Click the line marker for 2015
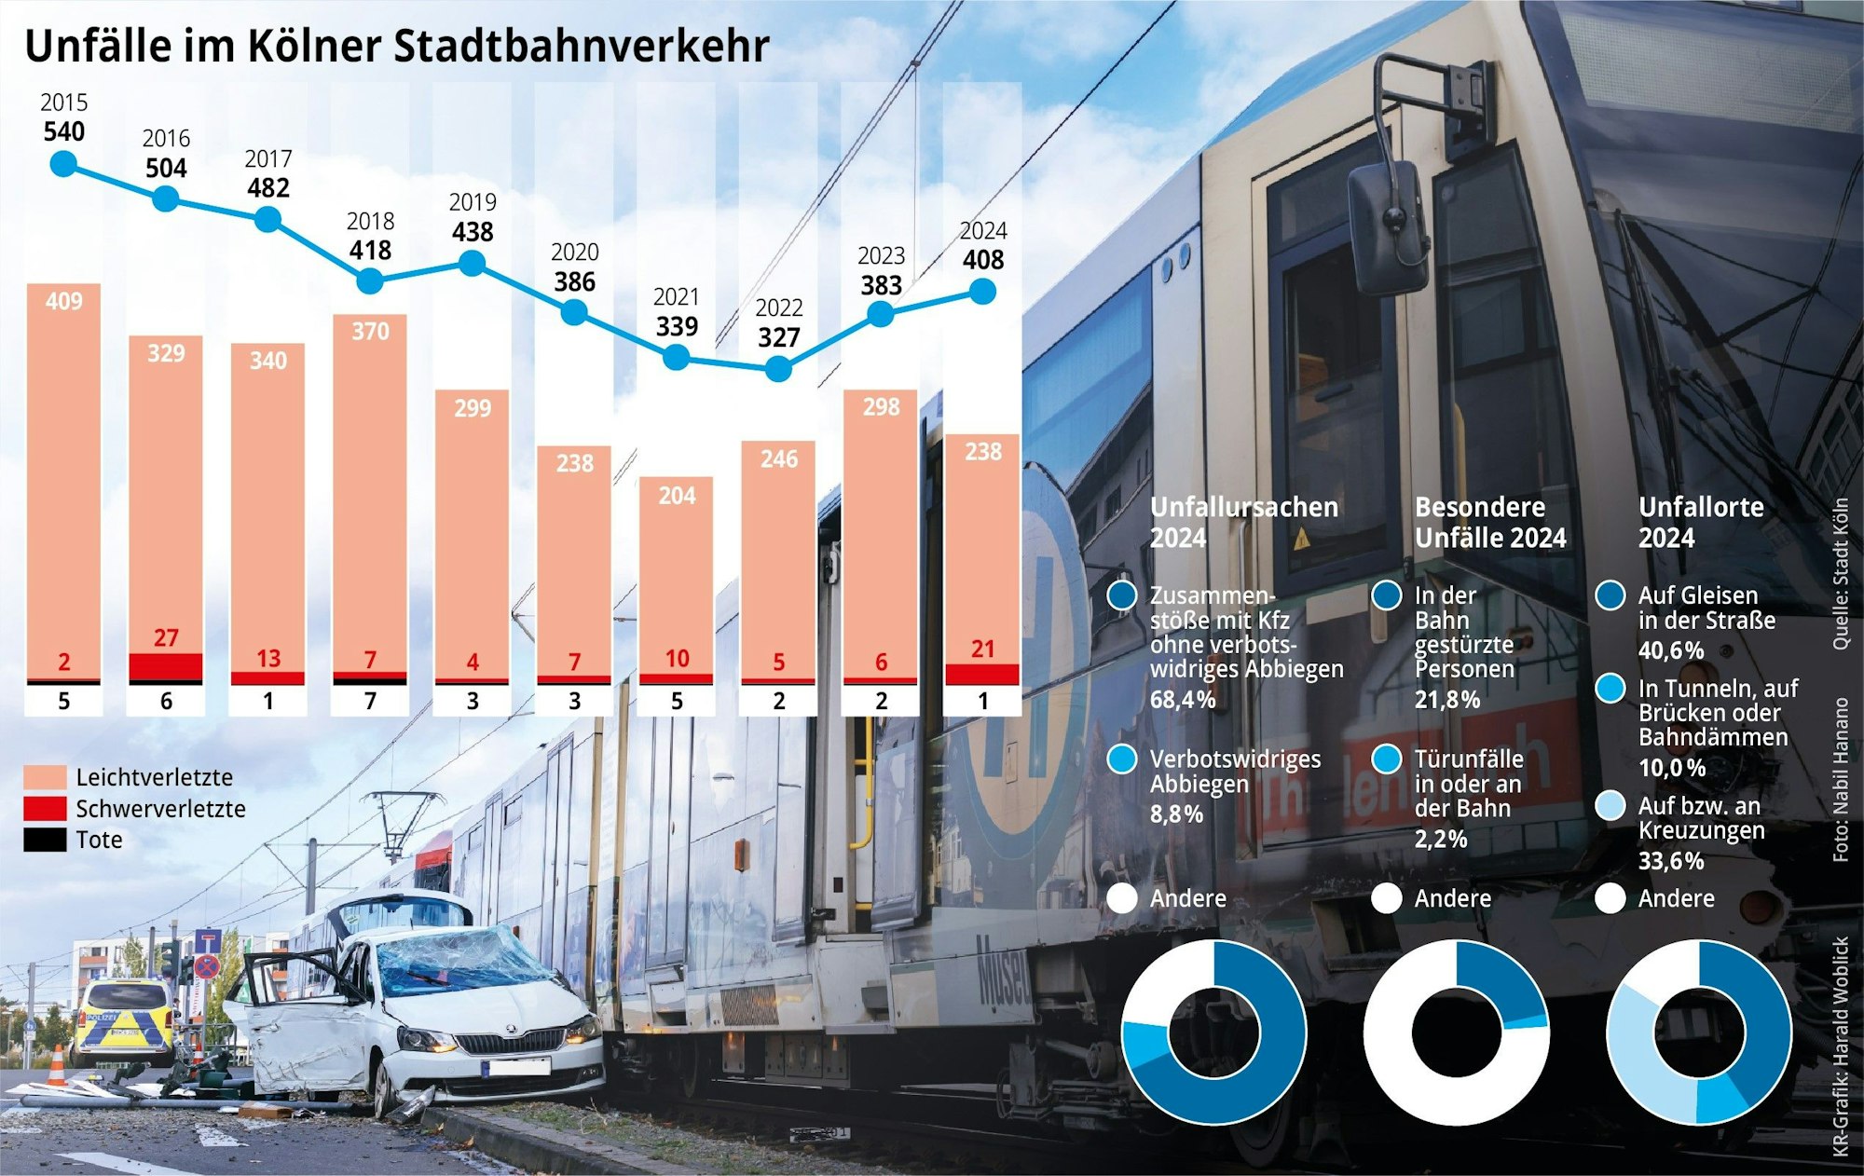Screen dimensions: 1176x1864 (x=63, y=165)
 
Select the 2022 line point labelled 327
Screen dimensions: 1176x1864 (x=778, y=369)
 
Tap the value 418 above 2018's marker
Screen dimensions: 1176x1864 (x=370, y=251)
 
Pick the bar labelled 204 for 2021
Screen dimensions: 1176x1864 (x=677, y=578)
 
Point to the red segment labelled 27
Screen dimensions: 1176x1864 (x=166, y=666)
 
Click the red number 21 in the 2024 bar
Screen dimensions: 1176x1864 (x=982, y=650)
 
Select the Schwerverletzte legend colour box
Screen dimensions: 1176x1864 (x=45, y=809)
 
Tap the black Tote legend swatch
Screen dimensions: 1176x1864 (x=45, y=840)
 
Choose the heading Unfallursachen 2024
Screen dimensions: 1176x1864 (x=1243, y=522)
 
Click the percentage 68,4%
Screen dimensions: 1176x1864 (x=1182, y=700)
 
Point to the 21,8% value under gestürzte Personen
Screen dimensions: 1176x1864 (x=1446, y=700)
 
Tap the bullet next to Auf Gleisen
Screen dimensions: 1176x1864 (x=1610, y=595)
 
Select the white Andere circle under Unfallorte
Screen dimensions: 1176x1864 (x=1610, y=898)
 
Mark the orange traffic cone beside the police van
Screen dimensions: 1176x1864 (x=57, y=1066)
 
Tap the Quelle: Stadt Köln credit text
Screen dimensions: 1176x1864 (x=1840, y=574)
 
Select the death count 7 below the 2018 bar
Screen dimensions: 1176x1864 (x=370, y=701)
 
